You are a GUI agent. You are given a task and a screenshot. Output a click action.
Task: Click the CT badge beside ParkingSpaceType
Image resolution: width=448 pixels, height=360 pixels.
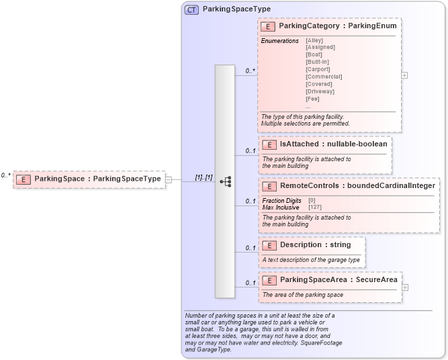pyautogui.click(x=191, y=9)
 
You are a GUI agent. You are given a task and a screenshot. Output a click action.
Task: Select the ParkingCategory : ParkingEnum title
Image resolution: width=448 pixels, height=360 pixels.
pyautogui.click(x=338, y=26)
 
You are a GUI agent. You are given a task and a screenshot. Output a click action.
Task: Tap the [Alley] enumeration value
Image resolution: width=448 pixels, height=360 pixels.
pyautogui.click(x=314, y=40)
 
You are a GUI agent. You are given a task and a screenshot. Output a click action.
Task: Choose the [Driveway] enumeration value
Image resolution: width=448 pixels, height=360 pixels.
pyautogui.click(x=320, y=91)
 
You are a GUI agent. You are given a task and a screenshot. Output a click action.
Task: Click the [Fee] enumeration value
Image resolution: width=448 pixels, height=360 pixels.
pyautogui.click(x=312, y=99)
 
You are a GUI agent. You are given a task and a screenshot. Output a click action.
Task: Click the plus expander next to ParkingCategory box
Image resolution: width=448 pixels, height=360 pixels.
pyautogui.click(x=404, y=75)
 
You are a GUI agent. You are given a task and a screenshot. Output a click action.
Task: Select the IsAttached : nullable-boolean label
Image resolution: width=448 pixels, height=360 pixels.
pyautogui.click(x=333, y=144)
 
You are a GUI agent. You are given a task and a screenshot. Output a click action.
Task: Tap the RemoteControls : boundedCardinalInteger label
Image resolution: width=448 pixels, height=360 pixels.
pyautogui.click(x=357, y=185)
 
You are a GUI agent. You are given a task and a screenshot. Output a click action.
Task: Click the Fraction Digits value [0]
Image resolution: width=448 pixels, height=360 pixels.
pyautogui.click(x=312, y=200)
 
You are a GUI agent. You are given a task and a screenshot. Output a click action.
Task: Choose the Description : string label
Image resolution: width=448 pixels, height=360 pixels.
pyautogui.click(x=315, y=244)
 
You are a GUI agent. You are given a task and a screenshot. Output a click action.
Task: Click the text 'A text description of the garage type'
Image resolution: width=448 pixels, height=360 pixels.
pyautogui.click(x=311, y=259)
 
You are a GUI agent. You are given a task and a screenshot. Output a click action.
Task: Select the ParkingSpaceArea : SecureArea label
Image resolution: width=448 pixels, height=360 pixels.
pyautogui.click(x=338, y=279)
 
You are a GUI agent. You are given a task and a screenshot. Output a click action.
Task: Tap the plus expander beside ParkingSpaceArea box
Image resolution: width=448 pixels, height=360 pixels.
pyautogui.click(x=404, y=287)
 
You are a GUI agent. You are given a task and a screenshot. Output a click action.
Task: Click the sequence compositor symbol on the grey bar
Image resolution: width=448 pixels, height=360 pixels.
pyautogui.click(x=225, y=181)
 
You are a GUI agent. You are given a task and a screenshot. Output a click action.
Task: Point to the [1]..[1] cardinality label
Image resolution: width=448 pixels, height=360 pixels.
pyautogui.click(x=204, y=177)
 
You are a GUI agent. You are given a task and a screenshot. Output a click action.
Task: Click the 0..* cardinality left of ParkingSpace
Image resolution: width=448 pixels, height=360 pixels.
pyautogui.click(x=5, y=175)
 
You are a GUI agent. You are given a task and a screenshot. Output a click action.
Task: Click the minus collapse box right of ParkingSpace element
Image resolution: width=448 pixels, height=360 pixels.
pyautogui.click(x=169, y=179)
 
